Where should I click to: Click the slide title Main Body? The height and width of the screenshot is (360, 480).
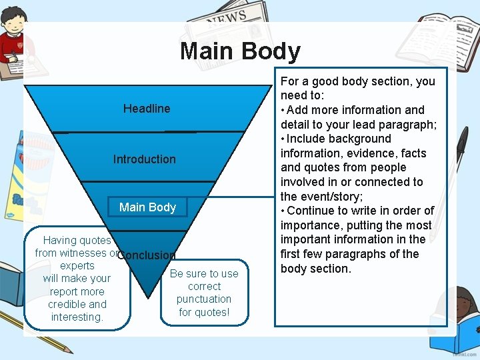[x=240, y=51]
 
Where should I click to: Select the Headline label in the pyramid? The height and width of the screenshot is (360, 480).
[x=147, y=109]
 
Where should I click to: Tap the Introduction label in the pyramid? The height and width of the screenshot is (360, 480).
[x=145, y=159]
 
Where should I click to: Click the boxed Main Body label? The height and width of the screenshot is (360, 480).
[x=147, y=207]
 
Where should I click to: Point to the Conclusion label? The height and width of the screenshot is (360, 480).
[x=147, y=255]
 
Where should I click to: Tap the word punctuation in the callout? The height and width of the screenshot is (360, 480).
[x=204, y=299]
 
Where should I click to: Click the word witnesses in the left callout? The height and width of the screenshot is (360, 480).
[x=83, y=253]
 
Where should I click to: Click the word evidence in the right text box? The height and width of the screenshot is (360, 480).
[x=375, y=153]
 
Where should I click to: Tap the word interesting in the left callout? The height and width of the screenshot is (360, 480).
[x=77, y=317]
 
